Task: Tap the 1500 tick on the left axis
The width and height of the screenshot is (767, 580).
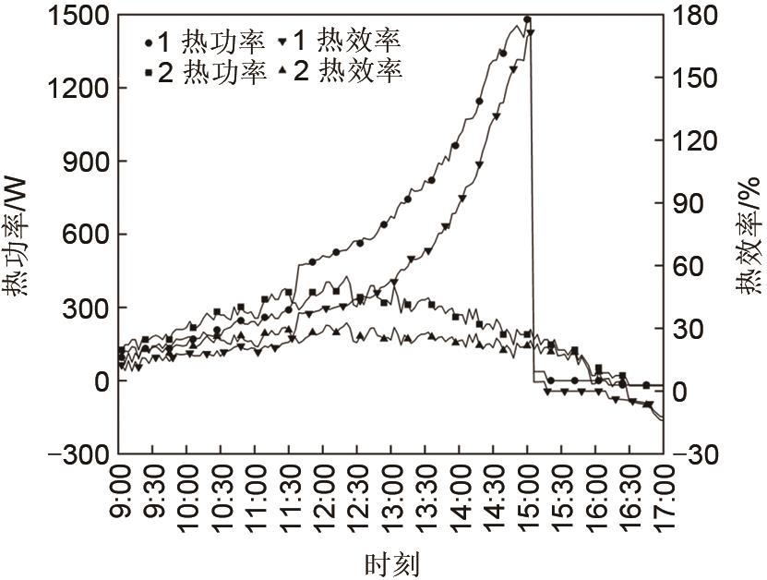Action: tap(74, 16)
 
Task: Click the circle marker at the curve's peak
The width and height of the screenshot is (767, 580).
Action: tap(527, 18)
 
